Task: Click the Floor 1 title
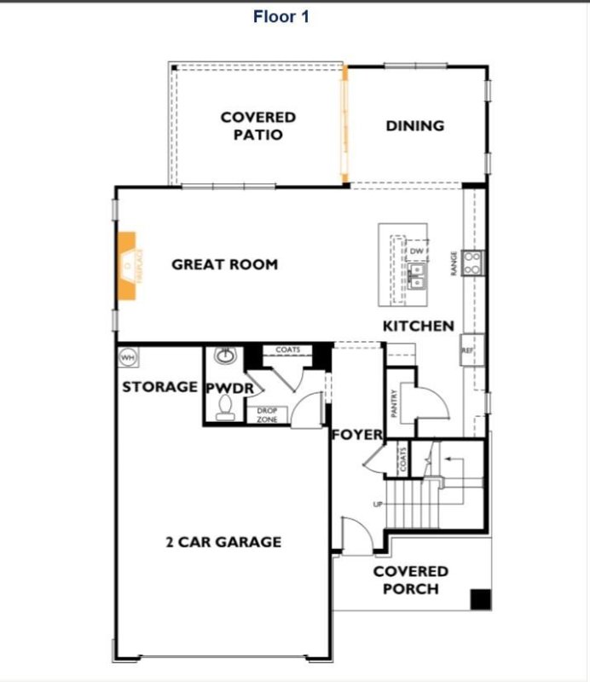click(281, 16)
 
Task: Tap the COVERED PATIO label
click(257, 126)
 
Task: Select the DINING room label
click(415, 125)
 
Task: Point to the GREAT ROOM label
click(224, 264)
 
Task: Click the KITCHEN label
click(418, 326)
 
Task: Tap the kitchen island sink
click(417, 275)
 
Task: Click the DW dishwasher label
click(417, 251)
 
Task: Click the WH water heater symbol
click(128, 356)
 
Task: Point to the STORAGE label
click(159, 387)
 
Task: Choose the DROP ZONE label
click(268, 415)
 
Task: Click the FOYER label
click(357, 435)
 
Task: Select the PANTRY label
click(395, 403)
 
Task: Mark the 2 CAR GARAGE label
click(223, 541)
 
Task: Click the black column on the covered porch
click(481, 599)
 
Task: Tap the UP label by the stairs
click(379, 505)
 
